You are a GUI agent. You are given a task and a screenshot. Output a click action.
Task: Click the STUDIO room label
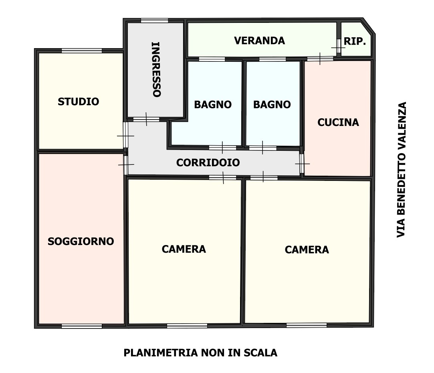tap(78, 102)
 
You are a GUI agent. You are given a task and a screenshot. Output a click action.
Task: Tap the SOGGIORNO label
tap(81, 241)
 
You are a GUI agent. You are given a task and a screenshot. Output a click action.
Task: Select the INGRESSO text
tap(156, 69)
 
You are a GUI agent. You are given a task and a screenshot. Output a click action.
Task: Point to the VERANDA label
tap(259, 41)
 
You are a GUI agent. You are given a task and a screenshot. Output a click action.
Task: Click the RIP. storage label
tap(355, 41)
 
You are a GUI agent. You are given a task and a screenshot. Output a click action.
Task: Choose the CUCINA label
tap(338, 122)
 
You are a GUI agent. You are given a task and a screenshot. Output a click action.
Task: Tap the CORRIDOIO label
tap(208, 163)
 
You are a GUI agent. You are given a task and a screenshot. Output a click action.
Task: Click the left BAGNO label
tap(213, 104)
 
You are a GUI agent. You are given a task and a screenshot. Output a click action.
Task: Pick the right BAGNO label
tap(272, 104)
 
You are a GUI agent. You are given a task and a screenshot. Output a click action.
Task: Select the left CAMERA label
tap(184, 249)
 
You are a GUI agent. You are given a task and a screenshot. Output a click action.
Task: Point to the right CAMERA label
tap(307, 250)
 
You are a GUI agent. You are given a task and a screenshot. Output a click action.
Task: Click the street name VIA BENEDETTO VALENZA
tap(401, 170)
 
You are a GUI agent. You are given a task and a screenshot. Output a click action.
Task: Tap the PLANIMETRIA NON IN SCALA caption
tap(200, 353)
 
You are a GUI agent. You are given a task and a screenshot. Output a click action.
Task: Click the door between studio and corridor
tap(126, 135)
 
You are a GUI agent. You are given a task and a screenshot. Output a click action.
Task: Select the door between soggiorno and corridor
tap(126, 165)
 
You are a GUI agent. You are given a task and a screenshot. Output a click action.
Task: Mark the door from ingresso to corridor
tap(146, 120)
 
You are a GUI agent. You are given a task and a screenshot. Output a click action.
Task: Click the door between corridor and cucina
tap(302, 164)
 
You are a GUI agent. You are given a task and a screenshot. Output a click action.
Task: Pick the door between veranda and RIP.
tap(339, 46)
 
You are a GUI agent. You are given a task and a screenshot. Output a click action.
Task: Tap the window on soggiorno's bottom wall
tap(82, 326)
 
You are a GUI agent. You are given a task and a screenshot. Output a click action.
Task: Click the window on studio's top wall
tap(82, 51)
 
